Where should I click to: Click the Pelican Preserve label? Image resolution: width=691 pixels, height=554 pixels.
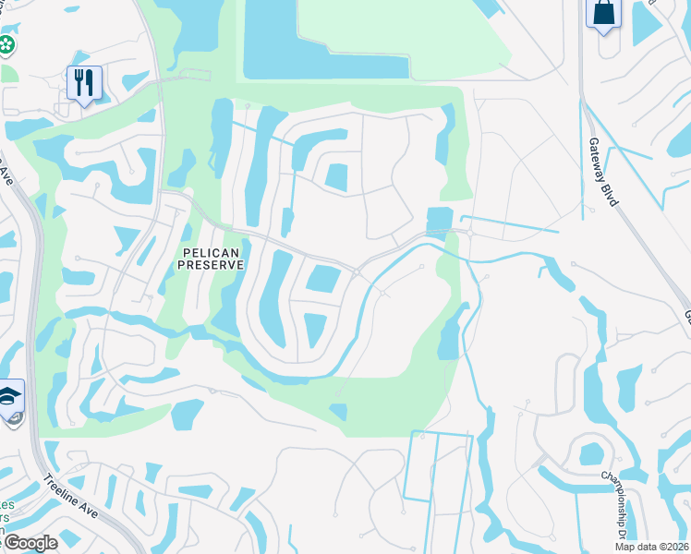(x=211, y=258)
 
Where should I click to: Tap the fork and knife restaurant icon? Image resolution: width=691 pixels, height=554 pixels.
(x=84, y=83)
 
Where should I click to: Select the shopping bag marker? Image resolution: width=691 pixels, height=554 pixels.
(x=604, y=13)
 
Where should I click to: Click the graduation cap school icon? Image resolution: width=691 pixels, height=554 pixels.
(x=10, y=398)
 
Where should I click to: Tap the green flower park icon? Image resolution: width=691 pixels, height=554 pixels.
(x=6, y=43)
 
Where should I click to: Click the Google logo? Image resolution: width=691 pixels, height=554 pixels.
(x=30, y=543)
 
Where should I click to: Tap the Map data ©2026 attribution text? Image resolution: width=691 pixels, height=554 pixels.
(x=651, y=546)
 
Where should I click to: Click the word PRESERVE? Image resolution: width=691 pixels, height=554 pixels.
(x=211, y=264)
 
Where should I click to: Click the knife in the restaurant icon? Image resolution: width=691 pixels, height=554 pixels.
(x=90, y=83)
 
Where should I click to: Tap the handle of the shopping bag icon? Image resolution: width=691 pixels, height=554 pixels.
(x=604, y=5)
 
